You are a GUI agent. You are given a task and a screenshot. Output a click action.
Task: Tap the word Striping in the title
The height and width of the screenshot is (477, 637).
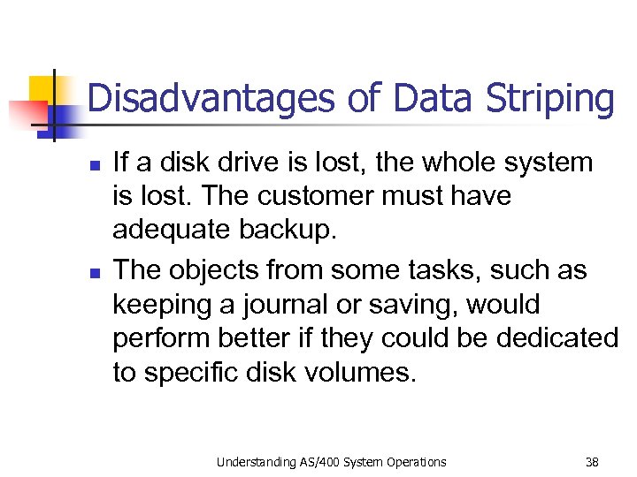[550, 99]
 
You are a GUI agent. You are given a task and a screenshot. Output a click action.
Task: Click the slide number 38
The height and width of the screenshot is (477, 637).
[592, 461]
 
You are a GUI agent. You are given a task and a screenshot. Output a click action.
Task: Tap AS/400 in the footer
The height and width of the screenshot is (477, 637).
[317, 461]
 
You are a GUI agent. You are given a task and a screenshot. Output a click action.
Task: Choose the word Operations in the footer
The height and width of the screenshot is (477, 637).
[414, 461]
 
